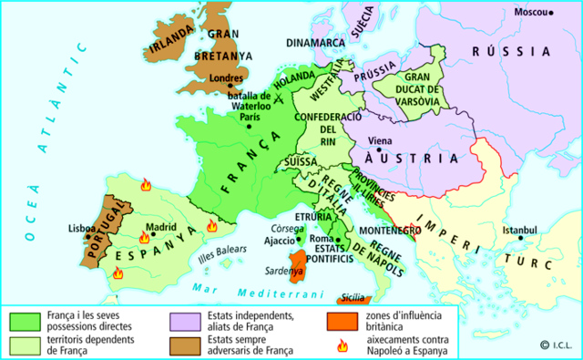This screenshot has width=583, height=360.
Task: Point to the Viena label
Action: pyautogui.click(x=381, y=142)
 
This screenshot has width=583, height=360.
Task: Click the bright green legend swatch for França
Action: pyautogui.click(x=23, y=321)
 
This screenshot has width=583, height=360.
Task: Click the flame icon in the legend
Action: pyautogui.click(x=343, y=344)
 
